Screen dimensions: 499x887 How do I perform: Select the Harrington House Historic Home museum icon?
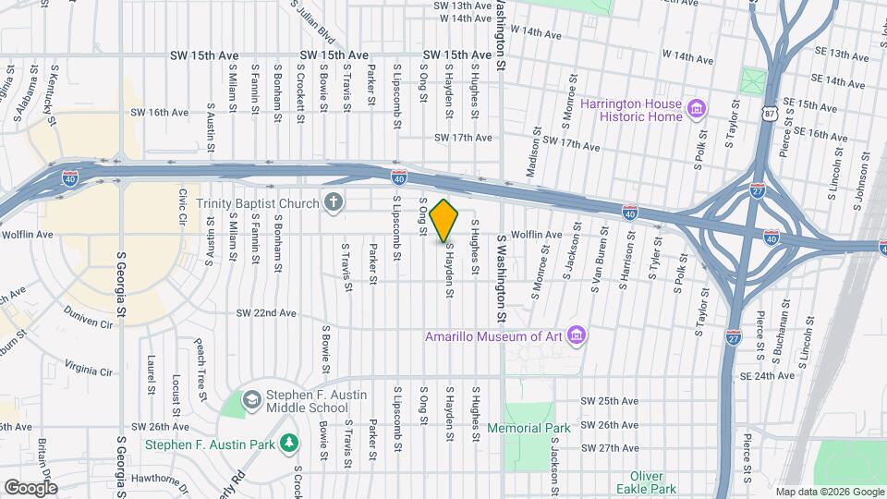(697, 111)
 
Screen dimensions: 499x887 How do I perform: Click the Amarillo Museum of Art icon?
(577, 333)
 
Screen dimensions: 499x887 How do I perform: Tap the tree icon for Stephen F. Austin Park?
(290, 444)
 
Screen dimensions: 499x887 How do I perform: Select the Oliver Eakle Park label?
(647, 481)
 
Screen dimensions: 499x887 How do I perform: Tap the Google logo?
(30, 487)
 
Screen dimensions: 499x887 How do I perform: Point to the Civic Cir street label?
(183, 208)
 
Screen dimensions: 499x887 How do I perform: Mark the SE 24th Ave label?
(771, 376)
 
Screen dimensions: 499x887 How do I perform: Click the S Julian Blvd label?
(312, 21)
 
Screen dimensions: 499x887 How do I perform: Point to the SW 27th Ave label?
(609, 448)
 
